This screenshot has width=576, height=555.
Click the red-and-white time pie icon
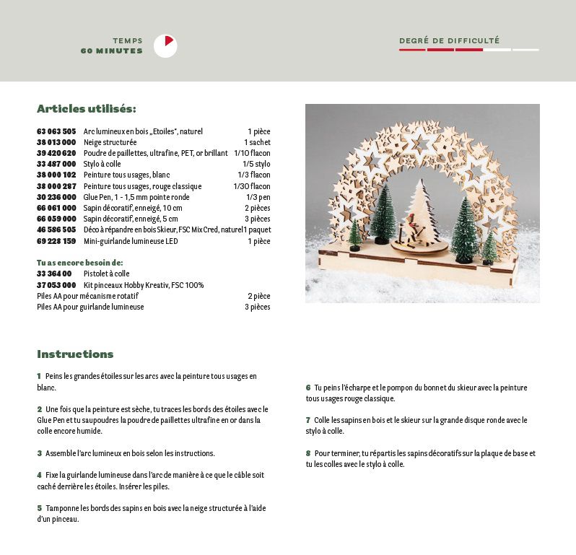coord(165,46)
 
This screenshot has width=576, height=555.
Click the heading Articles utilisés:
coord(86,109)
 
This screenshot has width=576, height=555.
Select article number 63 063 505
coord(56,131)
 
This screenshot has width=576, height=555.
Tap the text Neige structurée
coord(110,142)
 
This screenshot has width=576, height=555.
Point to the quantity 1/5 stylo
coord(256,164)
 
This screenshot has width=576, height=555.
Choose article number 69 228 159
coord(56,241)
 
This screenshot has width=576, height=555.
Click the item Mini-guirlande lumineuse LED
coord(130,241)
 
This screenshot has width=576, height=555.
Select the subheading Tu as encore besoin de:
coord(79,263)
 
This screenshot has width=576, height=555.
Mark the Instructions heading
coord(75,354)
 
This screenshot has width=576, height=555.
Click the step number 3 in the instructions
coord(39,453)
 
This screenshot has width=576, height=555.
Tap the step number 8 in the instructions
coord(307,453)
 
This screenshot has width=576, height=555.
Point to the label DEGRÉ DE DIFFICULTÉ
coord(449,41)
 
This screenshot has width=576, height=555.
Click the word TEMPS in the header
coord(128,41)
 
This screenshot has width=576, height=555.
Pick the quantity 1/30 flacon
coord(253,186)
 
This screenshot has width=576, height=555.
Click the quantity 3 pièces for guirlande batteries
coord(257,307)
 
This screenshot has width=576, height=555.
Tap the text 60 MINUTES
coord(112,51)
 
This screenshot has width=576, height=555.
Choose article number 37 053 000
coord(56,285)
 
